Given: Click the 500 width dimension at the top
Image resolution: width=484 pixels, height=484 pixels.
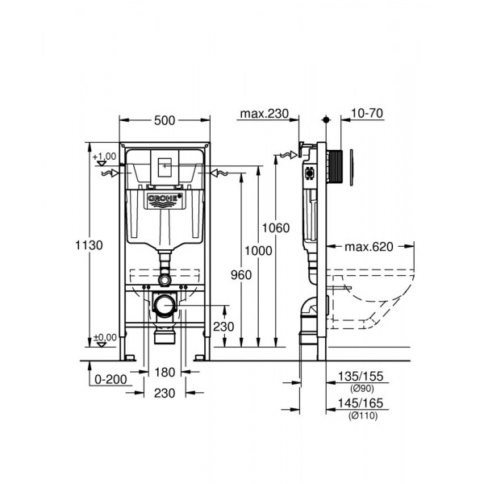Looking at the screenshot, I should (165, 121).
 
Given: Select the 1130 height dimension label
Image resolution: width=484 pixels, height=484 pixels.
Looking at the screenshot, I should (94, 246).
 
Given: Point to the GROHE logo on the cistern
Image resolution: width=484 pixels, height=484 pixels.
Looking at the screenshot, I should (165, 198).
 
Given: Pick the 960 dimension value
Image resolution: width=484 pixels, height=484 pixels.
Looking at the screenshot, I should (240, 275).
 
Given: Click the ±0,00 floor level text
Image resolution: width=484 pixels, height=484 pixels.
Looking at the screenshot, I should (105, 337).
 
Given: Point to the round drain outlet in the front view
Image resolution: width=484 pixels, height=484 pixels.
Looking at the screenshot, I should (165, 306).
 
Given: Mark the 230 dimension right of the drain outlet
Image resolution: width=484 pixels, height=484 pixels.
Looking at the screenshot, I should (223, 327).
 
